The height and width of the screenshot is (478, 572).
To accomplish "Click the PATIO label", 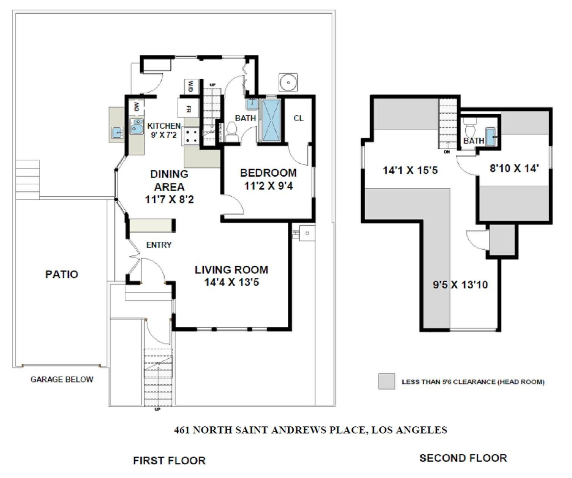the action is point(62,274).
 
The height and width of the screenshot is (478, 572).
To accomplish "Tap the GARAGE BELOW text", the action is point(62,379).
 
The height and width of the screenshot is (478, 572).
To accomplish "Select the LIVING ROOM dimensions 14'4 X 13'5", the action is point(231,282).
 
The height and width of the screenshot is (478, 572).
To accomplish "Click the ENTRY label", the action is point(158,245).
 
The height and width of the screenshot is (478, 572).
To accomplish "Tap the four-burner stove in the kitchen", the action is point(191,136).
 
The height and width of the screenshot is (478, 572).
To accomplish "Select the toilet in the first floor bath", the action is point(232,131).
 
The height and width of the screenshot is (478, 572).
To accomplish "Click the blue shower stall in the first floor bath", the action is point(271,120).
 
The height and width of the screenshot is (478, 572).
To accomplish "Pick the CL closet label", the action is point(298,118).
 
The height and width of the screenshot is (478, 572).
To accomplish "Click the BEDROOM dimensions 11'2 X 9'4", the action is point(268,186).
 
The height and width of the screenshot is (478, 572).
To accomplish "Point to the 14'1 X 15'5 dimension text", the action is point(410,170).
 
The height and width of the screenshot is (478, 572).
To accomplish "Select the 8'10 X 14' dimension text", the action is point(514,168).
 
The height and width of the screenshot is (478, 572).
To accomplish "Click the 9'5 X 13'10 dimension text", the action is point(460,285).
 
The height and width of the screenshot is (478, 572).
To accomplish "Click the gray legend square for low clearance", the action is point(387,381).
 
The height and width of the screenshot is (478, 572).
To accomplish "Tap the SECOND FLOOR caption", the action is point(463,458).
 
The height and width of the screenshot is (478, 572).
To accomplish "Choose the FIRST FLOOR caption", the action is point(169,461).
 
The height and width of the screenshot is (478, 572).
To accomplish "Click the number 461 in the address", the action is point(182,430).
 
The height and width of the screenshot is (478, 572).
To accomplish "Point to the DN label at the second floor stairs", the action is point(447,152).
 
